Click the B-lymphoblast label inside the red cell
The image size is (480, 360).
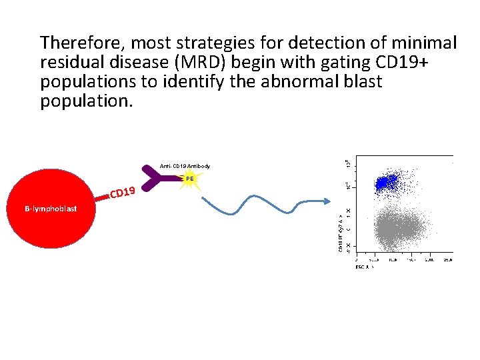tap(51, 209)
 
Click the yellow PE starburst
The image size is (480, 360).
tap(189, 179)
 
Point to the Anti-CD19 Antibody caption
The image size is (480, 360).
tap(185, 166)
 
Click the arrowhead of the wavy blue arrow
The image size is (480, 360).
tap(325, 201)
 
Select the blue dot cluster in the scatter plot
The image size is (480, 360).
tap(387, 181)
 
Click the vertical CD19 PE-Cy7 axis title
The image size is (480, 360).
tap(341, 229)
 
